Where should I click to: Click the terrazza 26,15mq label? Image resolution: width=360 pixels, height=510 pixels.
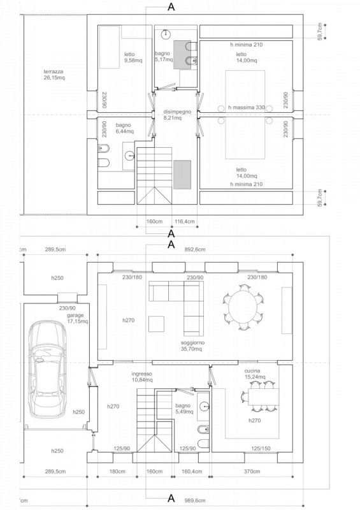(x=54, y=75)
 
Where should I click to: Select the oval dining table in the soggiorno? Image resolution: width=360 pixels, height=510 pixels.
(x=243, y=308)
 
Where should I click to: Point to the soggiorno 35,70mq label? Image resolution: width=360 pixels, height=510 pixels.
(x=191, y=346)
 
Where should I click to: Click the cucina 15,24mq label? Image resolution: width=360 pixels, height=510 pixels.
(x=255, y=374)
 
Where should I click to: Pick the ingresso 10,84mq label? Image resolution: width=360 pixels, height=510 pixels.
(x=142, y=377)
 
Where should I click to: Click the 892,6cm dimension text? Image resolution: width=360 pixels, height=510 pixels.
(x=196, y=249)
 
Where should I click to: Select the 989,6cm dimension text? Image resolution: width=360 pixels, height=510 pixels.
(x=196, y=500)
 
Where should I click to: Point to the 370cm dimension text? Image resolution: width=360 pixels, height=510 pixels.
(x=252, y=471)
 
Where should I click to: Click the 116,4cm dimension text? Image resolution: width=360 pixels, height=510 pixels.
(x=185, y=221)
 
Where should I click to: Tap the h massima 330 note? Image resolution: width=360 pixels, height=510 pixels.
(x=247, y=107)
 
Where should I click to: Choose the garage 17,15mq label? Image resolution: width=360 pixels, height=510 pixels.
(x=77, y=318)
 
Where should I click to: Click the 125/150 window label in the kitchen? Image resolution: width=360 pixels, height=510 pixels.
(x=261, y=449)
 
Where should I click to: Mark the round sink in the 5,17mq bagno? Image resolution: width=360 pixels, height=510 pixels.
(x=166, y=34)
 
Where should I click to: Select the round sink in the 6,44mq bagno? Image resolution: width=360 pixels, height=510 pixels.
(x=130, y=156)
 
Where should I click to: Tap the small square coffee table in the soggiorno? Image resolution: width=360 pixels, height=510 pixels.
(x=156, y=324)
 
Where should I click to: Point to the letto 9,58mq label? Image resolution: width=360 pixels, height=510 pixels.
(x=133, y=57)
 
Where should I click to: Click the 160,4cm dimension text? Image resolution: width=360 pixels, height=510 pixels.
(x=192, y=471)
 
